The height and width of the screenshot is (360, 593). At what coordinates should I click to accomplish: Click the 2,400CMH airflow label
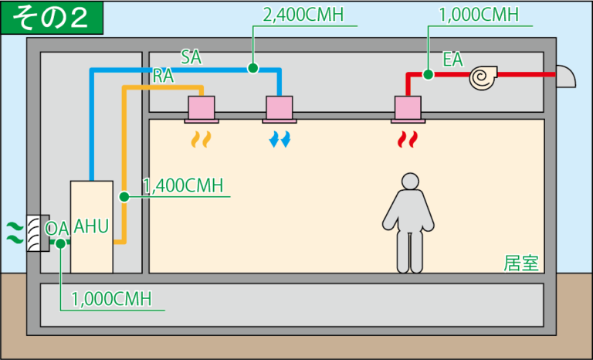[304, 16]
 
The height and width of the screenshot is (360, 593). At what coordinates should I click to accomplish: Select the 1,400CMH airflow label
[184, 185]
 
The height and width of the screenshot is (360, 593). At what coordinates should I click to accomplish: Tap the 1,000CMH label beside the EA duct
[479, 15]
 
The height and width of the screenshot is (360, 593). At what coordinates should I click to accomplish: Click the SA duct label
[192, 56]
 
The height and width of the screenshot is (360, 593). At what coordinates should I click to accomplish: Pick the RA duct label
[163, 76]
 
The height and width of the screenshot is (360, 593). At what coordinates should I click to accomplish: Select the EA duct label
[452, 59]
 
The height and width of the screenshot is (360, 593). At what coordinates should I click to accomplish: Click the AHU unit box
[91, 226]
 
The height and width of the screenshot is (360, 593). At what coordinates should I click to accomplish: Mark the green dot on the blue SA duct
[252, 68]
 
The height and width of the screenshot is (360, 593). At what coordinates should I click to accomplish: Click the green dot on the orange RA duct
[124, 197]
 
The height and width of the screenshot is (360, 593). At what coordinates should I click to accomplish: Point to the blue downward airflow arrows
[280, 139]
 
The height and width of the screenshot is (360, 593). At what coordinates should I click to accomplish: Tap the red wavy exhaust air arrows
[407, 139]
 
